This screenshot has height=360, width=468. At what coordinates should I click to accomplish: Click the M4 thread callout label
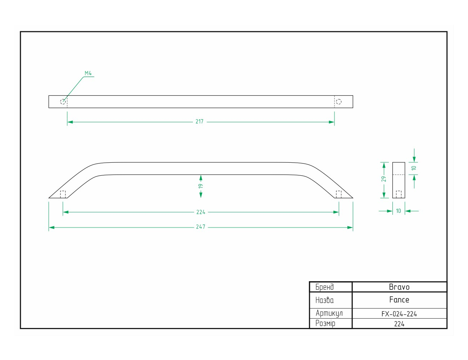pyautogui.click(x=88, y=73)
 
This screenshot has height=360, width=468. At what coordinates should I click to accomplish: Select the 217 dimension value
pyautogui.click(x=199, y=122)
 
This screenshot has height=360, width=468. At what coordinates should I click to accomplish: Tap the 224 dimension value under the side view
pyautogui.click(x=201, y=212)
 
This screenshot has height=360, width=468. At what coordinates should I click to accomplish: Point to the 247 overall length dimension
pyautogui.click(x=201, y=227)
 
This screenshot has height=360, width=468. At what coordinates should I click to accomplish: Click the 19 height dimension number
pyautogui.click(x=201, y=186)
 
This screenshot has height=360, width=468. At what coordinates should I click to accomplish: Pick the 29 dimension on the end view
pyautogui.click(x=384, y=179)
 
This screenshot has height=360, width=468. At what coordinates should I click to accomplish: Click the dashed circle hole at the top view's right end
pyautogui.click(x=338, y=102)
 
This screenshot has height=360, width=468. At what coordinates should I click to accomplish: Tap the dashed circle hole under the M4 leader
pyautogui.click(x=63, y=102)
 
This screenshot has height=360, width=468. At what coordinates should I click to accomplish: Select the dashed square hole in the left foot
pyautogui.click(x=63, y=194)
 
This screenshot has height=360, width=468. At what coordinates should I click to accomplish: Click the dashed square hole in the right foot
pyautogui.click(x=339, y=194)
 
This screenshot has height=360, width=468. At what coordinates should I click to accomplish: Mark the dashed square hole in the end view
pyautogui.click(x=399, y=194)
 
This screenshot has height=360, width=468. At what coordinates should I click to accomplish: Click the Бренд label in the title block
pyautogui.click(x=325, y=287)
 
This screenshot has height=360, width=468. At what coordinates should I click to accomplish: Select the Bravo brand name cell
pyautogui.click(x=399, y=287)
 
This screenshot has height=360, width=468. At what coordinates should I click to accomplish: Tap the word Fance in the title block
pyautogui.click(x=399, y=300)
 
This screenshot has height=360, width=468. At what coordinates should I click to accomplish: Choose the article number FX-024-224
pyautogui.click(x=399, y=314)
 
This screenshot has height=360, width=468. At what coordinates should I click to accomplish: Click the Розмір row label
pyautogui.click(x=325, y=323)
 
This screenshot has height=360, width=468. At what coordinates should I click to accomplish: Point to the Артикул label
pyautogui.click(x=329, y=313)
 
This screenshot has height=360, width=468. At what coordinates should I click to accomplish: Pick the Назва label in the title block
pyautogui.click(x=325, y=300)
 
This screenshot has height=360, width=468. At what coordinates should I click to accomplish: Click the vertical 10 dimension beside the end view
pyautogui.click(x=414, y=168)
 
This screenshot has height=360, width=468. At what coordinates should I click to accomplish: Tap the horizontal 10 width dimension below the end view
pyautogui.click(x=399, y=211)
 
